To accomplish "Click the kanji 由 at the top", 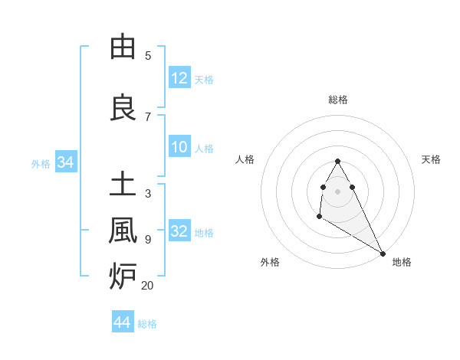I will (x=123, y=47).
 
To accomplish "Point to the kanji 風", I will (x=123, y=231).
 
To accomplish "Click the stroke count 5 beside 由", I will (x=148, y=55).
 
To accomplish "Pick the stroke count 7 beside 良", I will (x=148, y=116).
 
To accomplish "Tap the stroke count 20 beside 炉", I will (x=147, y=285).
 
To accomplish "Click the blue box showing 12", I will (x=179, y=77).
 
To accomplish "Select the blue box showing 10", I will (x=179, y=147).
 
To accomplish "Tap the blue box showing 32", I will (x=179, y=231).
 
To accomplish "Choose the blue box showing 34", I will (x=65, y=162).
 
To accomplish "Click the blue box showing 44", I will (x=122, y=322).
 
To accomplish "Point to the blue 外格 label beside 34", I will (x=41, y=163).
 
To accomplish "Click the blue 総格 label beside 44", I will (x=147, y=324).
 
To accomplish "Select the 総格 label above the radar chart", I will (x=338, y=100).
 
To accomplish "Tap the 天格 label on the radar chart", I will (x=431, y=159).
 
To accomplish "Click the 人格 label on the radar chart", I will (x=245, y=159).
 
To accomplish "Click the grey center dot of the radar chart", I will (x=338, y=191).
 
